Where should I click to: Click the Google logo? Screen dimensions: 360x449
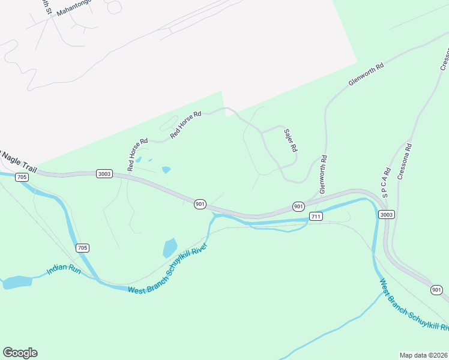(20, 353)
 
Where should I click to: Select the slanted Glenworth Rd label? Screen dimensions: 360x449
(366, 75)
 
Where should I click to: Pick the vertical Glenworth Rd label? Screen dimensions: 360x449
(323, 175)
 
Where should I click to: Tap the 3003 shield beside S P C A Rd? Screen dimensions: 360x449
(387, 214)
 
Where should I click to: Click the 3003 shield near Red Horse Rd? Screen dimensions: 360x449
(104, 173)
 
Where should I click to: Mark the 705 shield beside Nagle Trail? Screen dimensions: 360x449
(22, 177)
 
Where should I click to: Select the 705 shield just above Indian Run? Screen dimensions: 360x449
(83, 248)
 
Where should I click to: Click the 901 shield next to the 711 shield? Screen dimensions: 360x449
(298, 206)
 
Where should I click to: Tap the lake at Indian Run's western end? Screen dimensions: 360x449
(17, 282)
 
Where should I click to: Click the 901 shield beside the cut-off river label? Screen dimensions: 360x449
(437, 290)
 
